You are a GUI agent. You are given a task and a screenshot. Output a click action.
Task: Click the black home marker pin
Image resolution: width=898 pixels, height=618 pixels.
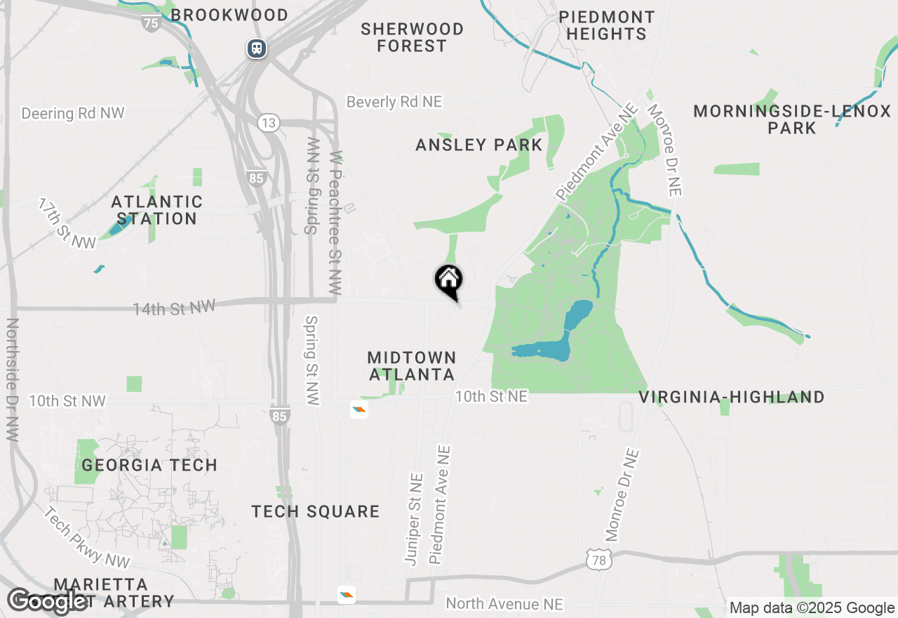[449, 281]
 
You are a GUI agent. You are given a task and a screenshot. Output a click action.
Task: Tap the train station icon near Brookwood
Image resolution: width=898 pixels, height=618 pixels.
[257, 48]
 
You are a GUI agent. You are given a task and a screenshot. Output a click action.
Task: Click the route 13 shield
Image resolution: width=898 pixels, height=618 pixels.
[267, 123]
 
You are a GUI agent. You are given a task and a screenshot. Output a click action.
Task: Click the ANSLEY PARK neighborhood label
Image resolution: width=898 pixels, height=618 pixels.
[478, 145]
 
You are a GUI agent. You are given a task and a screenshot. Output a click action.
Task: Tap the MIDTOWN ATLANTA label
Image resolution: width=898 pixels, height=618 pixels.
[412, 366]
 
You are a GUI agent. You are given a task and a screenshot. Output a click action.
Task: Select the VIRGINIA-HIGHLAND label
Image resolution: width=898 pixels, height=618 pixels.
[732, 397]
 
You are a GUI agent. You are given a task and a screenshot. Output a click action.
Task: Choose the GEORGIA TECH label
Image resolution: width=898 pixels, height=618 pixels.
[149, 465]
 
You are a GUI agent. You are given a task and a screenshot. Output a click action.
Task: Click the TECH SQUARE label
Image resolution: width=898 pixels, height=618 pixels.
[316, 511]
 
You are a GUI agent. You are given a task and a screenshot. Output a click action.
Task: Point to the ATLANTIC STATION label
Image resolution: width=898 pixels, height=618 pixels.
[156, 211]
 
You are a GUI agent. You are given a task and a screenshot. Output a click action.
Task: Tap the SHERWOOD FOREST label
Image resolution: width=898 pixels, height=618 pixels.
[412, 37]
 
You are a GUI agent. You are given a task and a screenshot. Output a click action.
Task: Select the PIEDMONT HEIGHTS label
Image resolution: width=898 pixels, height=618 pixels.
[607, 25]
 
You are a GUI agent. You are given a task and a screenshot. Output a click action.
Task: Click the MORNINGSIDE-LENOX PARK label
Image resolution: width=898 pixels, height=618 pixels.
[792, 119]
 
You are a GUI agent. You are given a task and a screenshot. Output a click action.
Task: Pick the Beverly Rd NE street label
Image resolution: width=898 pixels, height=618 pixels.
[394, 102]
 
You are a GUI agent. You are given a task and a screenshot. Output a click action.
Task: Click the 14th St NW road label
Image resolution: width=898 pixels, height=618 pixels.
[174, 307]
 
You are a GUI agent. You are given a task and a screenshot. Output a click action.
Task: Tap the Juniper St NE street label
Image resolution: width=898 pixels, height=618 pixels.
[415, 518]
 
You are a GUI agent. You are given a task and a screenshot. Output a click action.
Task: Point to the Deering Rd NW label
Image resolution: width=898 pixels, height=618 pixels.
[73, 113]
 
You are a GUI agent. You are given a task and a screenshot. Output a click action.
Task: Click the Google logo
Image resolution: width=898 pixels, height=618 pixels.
[48, 601]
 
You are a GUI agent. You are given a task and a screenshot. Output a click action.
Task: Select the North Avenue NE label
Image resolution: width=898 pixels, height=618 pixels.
[504, 604]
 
